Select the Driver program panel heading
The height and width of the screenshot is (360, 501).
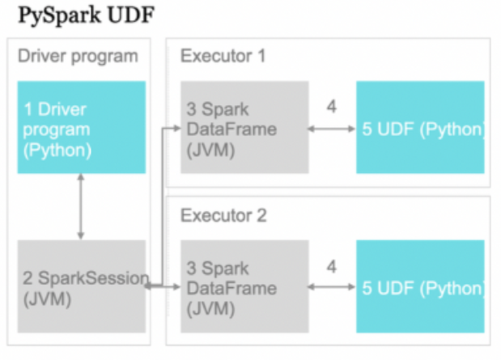(78, 57)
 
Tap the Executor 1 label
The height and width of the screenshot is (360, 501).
(223, 57)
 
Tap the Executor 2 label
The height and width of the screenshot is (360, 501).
(223, 216)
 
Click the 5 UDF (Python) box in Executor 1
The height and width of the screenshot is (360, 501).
(420, 127)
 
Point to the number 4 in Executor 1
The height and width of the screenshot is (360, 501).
(332, 107)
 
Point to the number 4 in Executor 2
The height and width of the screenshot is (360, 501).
(332, 265)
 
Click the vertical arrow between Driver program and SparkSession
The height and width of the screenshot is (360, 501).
(81, 206)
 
